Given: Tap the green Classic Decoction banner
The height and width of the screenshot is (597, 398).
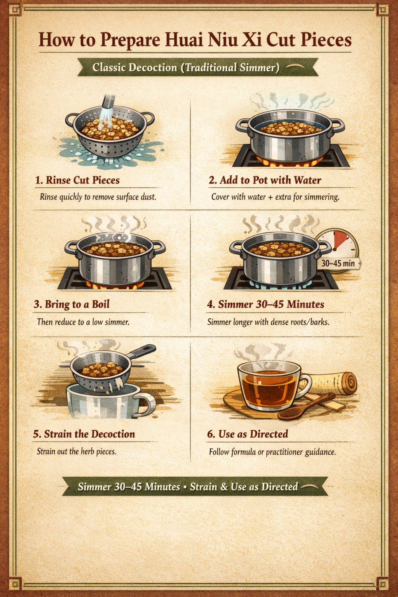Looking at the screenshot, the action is tap(198, 67).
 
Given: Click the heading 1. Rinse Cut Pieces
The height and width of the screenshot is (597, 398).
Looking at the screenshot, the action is tap(78, 180).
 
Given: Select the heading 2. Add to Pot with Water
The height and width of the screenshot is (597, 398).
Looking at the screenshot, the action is tap(265, 180).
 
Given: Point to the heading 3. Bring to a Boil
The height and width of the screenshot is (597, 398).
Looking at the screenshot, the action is tap(72, 304).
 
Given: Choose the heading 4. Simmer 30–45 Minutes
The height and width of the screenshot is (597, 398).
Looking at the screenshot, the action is tap(266, 304).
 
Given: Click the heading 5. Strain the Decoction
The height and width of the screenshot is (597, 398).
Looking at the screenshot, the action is tap(84, 434).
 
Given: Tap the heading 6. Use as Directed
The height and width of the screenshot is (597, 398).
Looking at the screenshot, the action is tap(248, 434).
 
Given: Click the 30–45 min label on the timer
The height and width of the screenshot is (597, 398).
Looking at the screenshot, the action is tap(338, 263).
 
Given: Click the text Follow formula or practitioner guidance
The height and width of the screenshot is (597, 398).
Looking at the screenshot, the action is tap(272, 452).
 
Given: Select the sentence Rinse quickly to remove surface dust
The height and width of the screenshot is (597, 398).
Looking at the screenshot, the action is tap(98, 197).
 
